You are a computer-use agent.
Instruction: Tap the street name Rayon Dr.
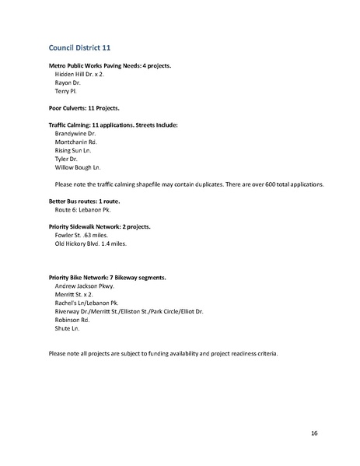tap(68, 82)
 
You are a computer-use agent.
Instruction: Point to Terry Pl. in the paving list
tap(65, 90)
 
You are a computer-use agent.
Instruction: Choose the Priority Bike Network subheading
tap(107, 278)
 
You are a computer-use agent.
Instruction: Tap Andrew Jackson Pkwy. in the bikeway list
tap(89, 286)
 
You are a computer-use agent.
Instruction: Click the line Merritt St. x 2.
tap(75, 295)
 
